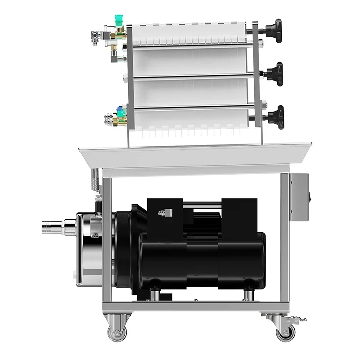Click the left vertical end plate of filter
pyautogui.click(x=129, y=81)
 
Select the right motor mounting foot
pyautogui.click(x=248, y=294)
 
